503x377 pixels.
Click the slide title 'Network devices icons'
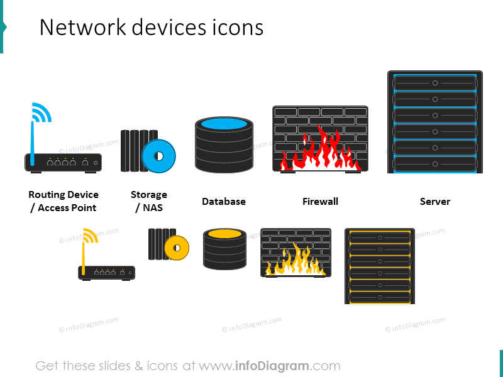151,28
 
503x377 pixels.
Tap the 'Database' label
223,202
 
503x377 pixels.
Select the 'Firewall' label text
320,202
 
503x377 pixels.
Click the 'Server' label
434,202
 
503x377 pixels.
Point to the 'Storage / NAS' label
148,201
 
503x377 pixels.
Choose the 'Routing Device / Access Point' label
64,201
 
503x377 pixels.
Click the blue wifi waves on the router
41,112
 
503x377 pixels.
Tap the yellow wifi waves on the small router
91,236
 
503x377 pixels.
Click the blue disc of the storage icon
159,155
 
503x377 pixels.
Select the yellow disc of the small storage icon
177,248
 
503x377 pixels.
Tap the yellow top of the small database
224,234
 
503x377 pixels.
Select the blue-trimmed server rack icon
434,122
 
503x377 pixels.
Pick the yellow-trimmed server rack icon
379,266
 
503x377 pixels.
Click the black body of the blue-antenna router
63,163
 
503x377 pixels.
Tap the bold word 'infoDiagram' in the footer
272,366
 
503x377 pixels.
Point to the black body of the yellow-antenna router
106,273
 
